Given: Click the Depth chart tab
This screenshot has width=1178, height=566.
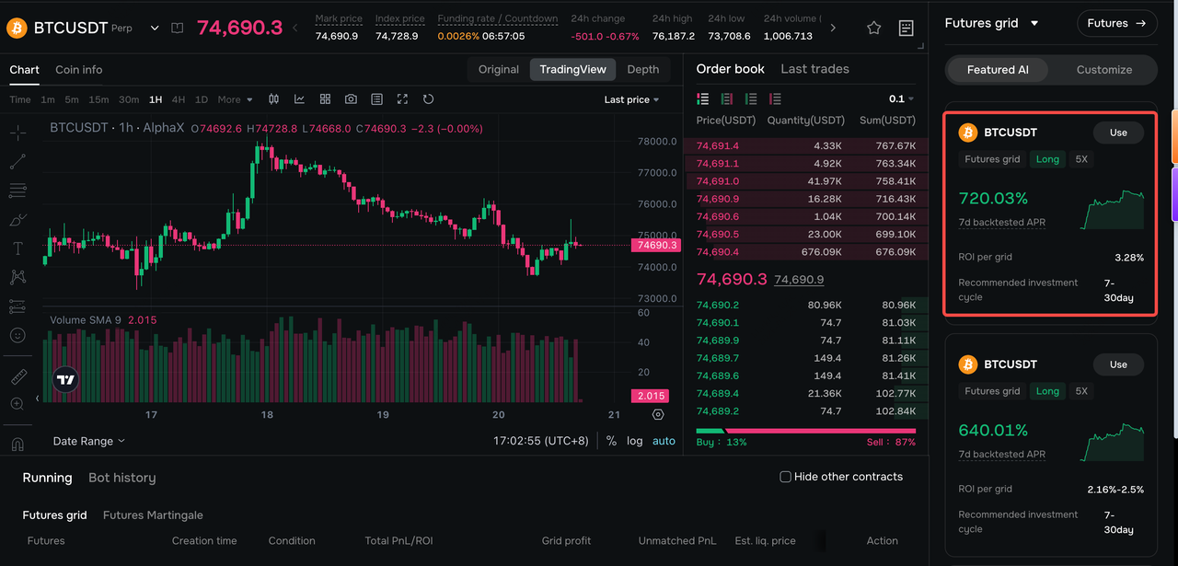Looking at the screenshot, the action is (642, 69).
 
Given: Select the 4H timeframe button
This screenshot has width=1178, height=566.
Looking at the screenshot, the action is (179, 99).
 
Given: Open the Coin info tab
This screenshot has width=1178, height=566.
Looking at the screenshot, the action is (79, 69).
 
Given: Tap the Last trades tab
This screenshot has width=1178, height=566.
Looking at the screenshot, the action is (814, 69).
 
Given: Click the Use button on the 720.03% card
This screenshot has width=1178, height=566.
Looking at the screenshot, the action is (1118, 133).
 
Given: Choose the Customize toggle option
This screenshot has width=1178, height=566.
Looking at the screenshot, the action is (1103, 69).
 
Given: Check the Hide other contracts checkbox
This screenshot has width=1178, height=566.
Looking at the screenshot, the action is (785, 477).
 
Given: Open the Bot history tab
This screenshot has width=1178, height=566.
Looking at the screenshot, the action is (122, 478).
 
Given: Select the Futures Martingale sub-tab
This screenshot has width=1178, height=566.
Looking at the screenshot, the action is (153, 515).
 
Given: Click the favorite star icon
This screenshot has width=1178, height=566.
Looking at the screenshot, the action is (873, 28).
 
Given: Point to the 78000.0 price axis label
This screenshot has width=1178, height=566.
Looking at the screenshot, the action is (657, 141).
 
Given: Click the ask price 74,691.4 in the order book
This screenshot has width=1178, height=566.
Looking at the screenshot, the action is (717, 145).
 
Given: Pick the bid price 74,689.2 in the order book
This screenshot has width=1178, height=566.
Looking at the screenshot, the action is (717, 410).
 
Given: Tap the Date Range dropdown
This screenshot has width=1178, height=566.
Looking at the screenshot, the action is (88, 441).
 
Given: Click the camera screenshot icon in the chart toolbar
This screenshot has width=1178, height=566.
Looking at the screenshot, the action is (351, 98).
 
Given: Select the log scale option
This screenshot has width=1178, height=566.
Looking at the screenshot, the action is (634, 441).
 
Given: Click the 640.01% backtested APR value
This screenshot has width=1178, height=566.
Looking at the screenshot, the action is (993, 431).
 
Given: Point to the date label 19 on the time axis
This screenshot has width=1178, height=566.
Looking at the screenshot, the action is (383, 414).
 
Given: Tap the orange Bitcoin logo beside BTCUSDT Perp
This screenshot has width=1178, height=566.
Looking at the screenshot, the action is (17, 28).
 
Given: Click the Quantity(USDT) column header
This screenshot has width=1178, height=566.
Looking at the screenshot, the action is (805, 121).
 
